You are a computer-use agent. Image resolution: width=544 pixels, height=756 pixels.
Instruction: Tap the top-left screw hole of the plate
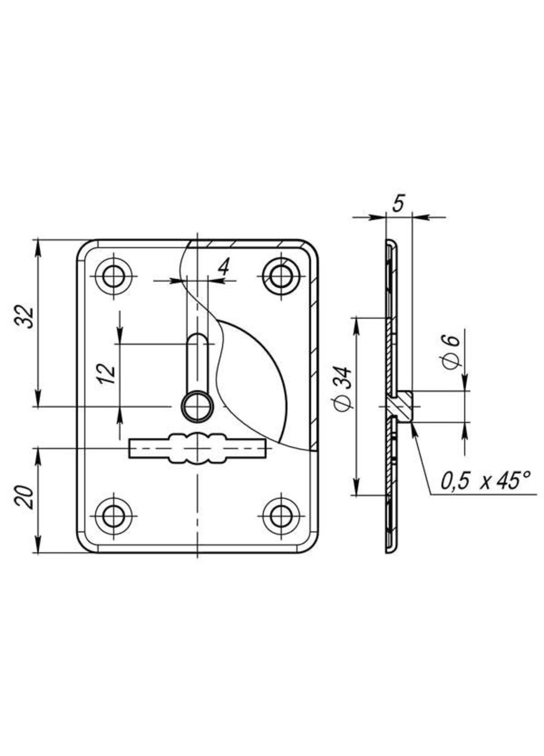point(113,276)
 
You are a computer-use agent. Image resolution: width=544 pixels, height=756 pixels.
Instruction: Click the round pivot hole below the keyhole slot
point(198,406)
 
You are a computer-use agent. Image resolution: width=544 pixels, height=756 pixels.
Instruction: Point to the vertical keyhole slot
point(198,362)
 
